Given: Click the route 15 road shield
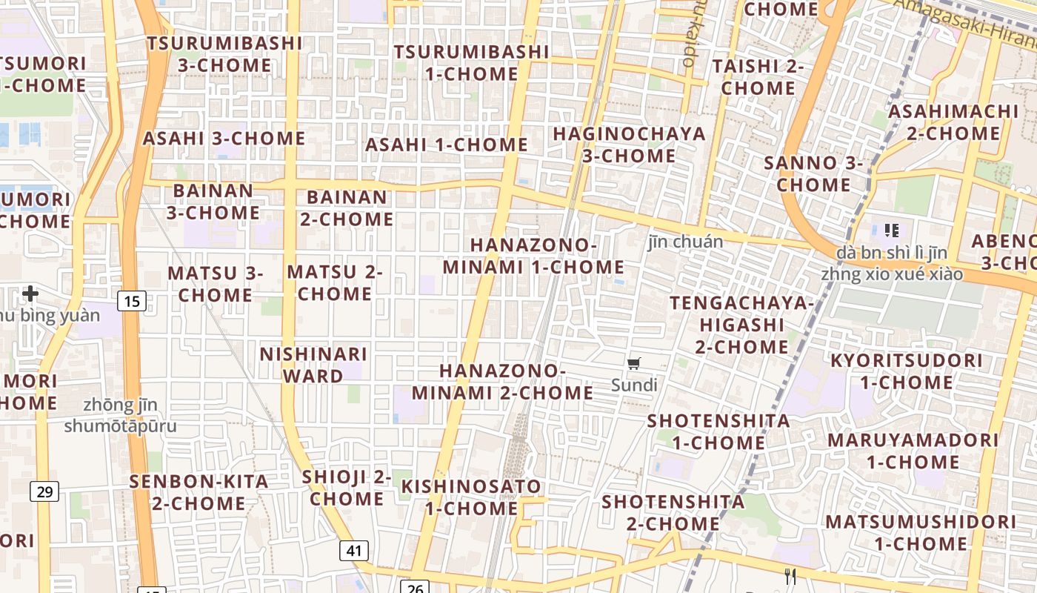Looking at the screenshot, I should [x=131, y=301].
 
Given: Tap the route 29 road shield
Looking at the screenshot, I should [x=45, y=491].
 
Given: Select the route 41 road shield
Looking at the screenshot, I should [x=355, y=550].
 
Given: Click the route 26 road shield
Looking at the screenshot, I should [x=415, y=588].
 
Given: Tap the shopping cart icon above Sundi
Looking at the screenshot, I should [x=634, y=363].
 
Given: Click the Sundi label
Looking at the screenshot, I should [x=634, y=385].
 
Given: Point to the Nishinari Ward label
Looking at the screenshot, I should [x=313, y=365].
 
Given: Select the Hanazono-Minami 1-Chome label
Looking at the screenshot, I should [x=533, y=256].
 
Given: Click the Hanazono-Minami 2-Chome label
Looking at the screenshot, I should [x=503, y=381].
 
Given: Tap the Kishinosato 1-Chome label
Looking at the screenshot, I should [x=471, y=497].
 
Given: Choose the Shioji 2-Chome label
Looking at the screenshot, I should [x=347, y=488].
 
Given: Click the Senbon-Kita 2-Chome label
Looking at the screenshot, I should [x=199, y=492].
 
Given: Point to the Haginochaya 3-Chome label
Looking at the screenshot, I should [x=629, y=145].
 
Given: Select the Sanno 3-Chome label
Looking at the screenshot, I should [x=813, y=173].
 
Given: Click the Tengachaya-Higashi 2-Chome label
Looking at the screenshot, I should [x=741, y=325].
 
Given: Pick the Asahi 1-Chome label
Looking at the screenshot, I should [x=447, y=145].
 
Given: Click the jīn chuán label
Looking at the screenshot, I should [x=685, y=242].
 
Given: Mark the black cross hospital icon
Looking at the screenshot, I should [x=30, y=294].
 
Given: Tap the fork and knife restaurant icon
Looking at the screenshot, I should [x=790, y=576].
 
